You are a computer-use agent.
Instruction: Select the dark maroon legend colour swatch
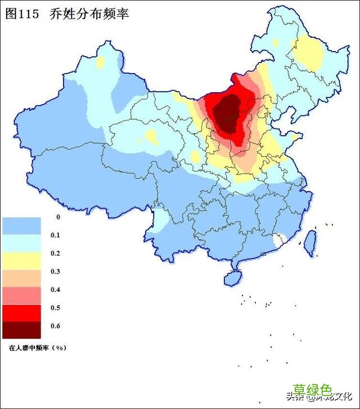pyautogui.click(x=21, y=330)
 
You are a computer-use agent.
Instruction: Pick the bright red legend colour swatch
pyautogui.click(x=21, y=312)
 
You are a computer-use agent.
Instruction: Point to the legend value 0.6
pyautogui.click(x=55, y=326)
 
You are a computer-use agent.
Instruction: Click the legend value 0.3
pyautogui.click(x=55, y=272)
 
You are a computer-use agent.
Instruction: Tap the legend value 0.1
pyautogui.click(x=55, y=236)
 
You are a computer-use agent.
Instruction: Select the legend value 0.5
pyautogui.click(x=55, y=308)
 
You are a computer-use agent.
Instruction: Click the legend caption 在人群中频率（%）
pyautogui.click(x=37, y=348)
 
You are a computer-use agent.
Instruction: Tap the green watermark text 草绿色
pyautogui.click(x=313, y=390)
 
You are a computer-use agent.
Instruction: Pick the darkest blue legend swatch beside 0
pyautogui.click(x=21, y=226)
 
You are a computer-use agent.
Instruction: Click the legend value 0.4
pyautogui.click(x=55, y=290)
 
